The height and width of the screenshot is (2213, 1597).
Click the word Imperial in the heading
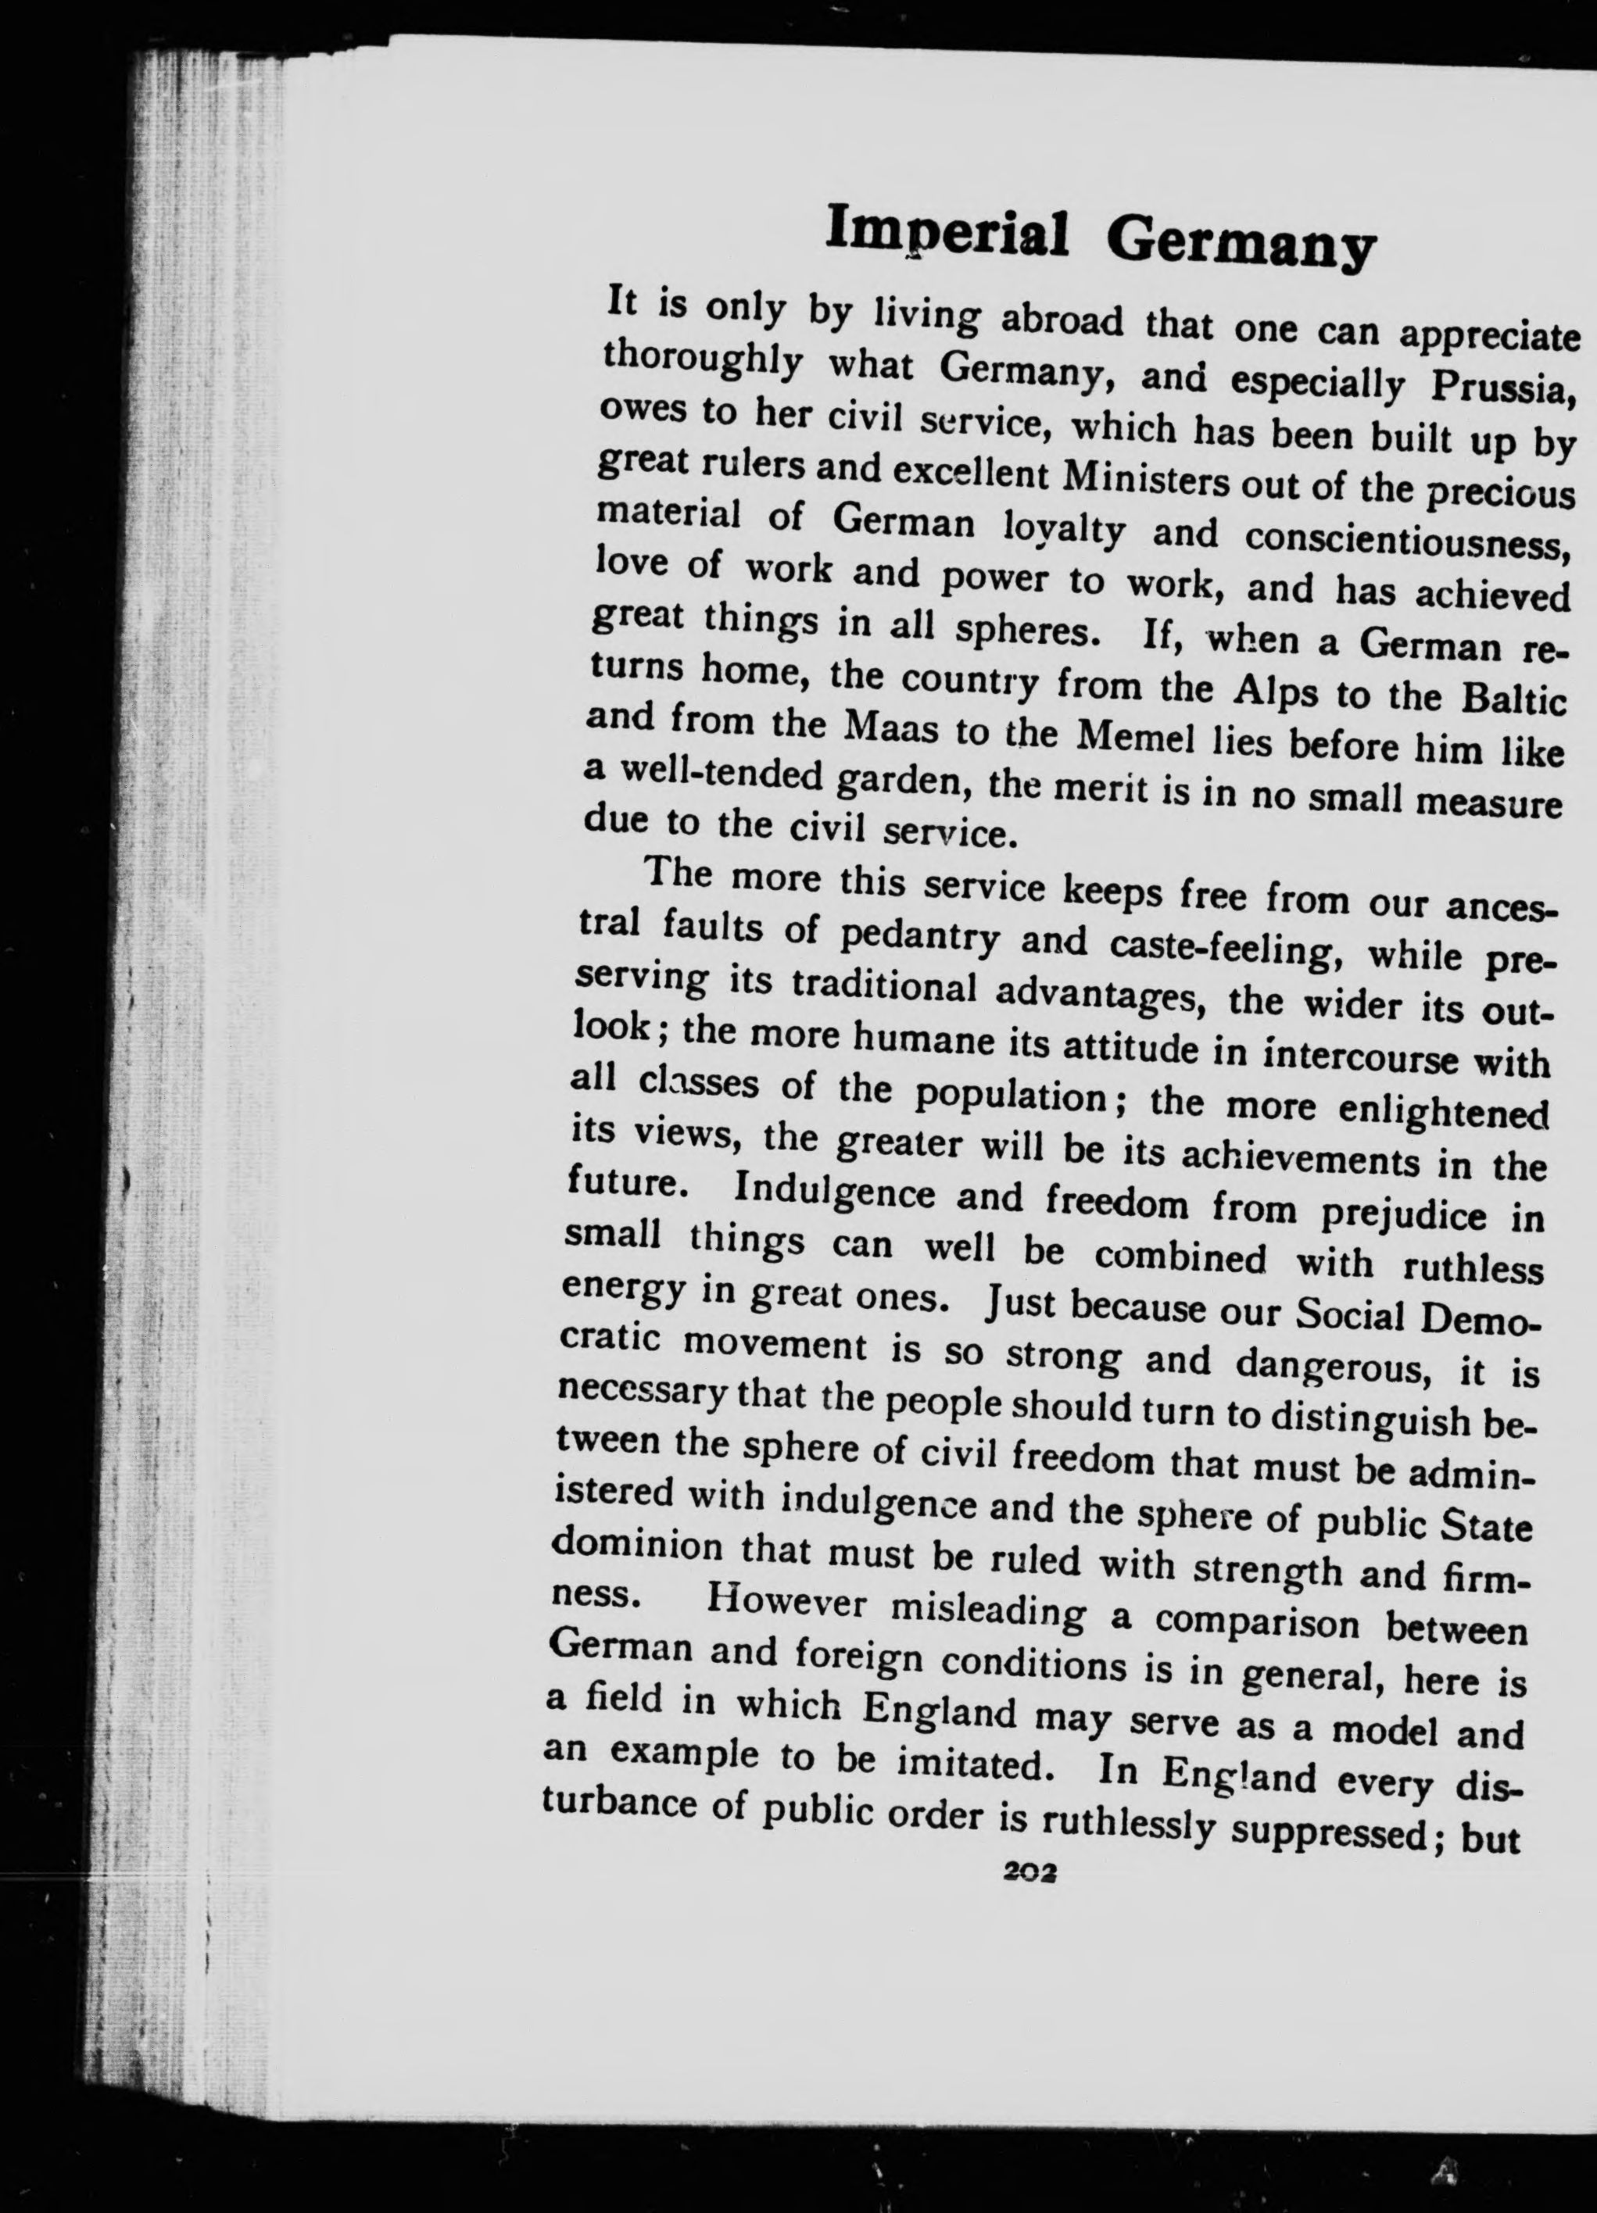click(946, 232)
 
